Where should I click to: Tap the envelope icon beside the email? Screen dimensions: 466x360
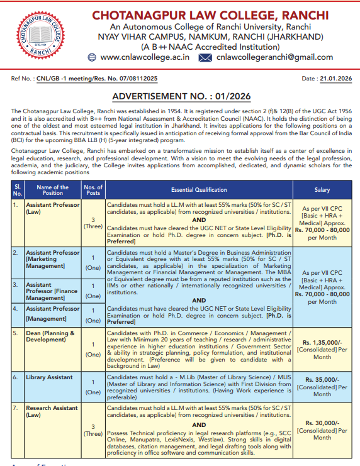(205, 57)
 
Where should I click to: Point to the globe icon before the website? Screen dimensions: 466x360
(91, 57)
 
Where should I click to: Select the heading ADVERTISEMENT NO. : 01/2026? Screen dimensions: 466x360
(181, 96)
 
